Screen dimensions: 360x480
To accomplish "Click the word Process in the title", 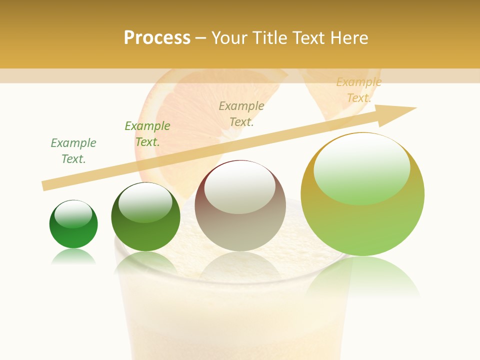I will (x=157, y=38).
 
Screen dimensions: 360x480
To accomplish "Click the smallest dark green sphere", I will (x=73, y=224).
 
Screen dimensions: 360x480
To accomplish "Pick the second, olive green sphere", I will (x=145, y=217).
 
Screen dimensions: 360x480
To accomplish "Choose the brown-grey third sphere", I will (x=240, y=206).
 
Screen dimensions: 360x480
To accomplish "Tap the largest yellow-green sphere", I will (x=362, y=194).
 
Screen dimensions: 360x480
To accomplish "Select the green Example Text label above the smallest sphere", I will (x=73, y=151).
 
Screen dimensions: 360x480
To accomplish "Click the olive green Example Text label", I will (x=147, y=134).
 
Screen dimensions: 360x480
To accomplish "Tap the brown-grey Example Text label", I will (x=241, y=114).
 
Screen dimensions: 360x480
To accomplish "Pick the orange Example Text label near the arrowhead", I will (x=359, y=90).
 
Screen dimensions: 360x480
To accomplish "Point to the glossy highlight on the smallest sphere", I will (x=73, y=214).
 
